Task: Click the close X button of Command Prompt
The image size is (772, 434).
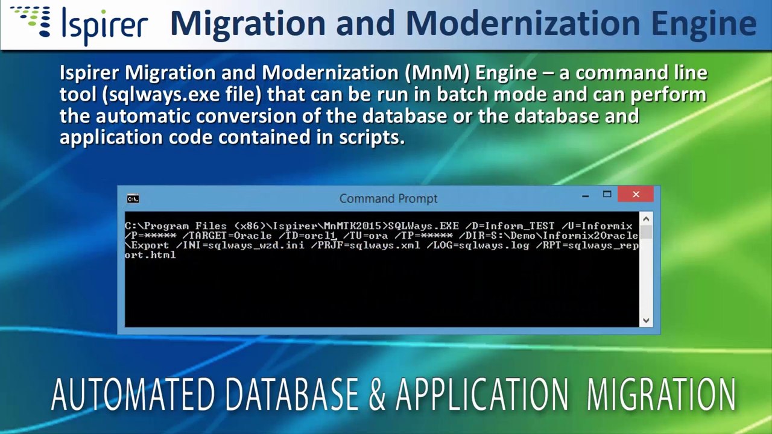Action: (x=636, y=194)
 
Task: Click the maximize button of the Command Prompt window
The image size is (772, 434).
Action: (x=607, y=194)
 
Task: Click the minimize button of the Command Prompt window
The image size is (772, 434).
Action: (x=585, y=195)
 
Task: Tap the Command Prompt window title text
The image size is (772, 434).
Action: (x=388, y=198)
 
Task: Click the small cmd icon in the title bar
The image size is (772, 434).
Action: (x=133, y=199)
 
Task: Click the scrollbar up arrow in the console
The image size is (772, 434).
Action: (x=646, y=219)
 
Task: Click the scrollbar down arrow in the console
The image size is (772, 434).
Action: (x=646, y=321)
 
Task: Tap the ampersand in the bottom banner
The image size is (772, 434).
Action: (x=377, y=395)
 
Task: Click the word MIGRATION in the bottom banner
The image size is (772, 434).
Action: (x=661, y=395)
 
